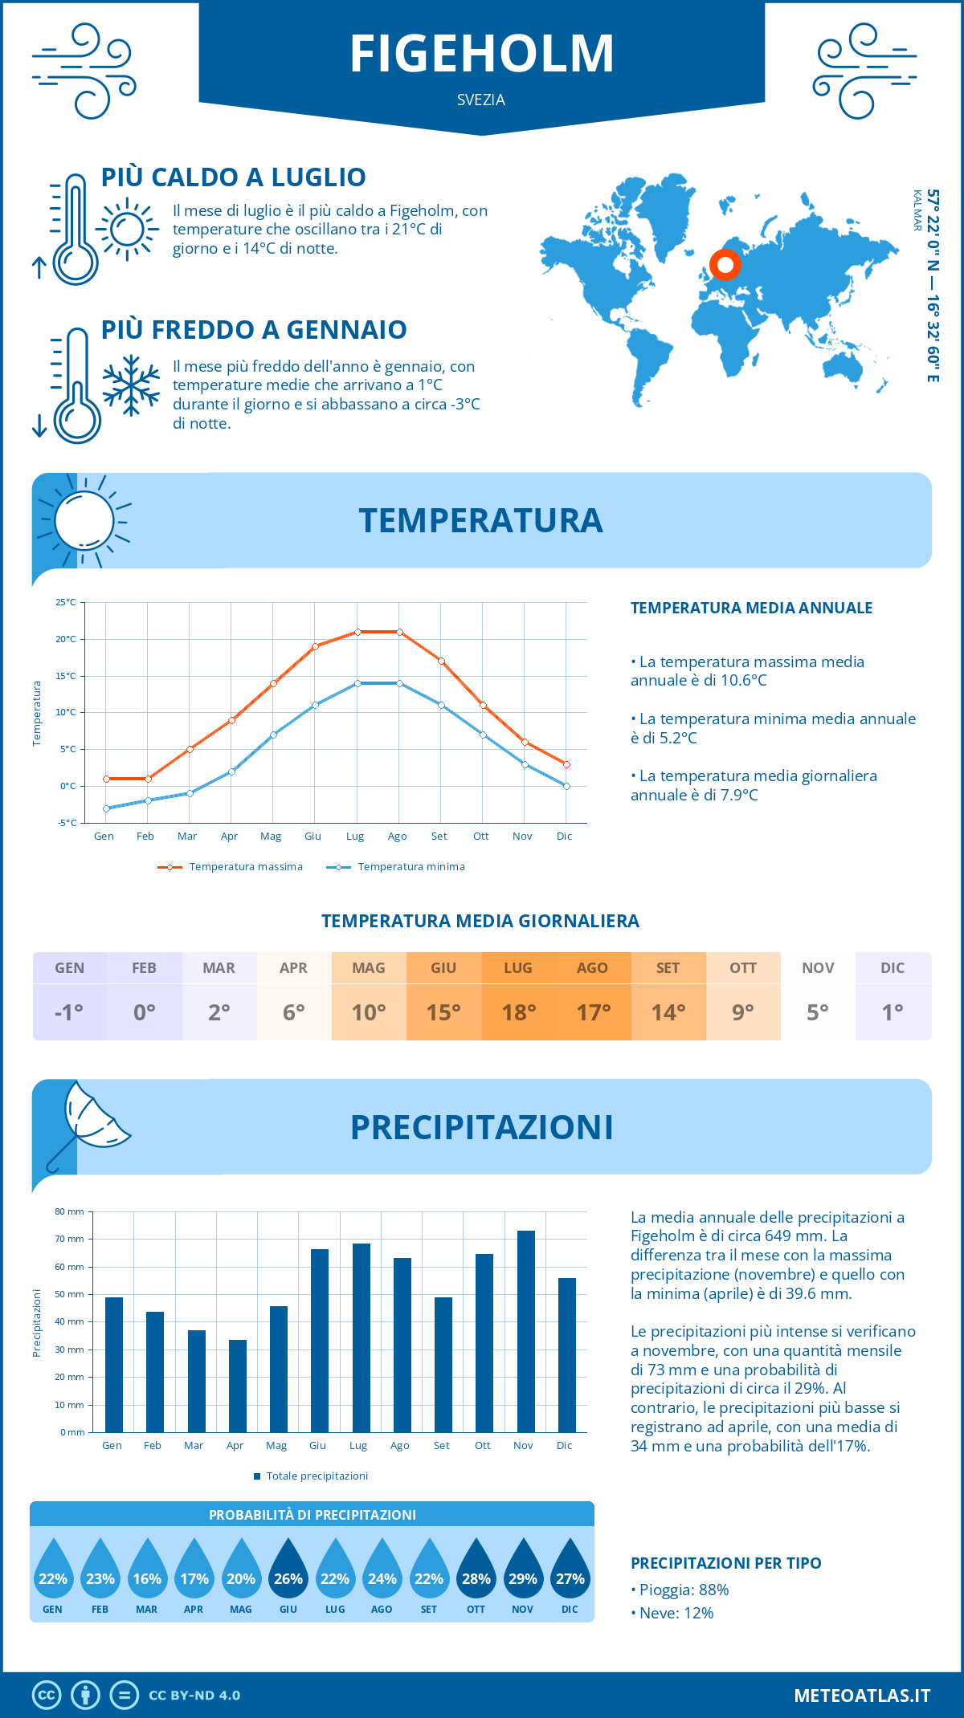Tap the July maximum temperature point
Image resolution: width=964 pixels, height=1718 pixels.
357,633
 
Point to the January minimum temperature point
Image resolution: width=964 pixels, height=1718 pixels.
106,808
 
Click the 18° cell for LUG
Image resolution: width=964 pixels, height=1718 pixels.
518,1012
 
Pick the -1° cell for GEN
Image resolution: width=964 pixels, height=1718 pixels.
69,1012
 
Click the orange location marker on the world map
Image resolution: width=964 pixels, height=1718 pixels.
725,264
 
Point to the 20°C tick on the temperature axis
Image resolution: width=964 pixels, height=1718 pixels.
66,639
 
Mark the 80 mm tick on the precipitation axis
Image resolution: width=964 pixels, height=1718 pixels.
70,1211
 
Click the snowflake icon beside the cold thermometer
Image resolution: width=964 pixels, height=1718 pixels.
131,385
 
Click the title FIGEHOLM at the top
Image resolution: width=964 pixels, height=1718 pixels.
482,54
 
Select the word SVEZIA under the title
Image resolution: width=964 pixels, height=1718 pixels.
481,100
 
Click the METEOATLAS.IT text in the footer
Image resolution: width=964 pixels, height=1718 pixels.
862,1696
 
